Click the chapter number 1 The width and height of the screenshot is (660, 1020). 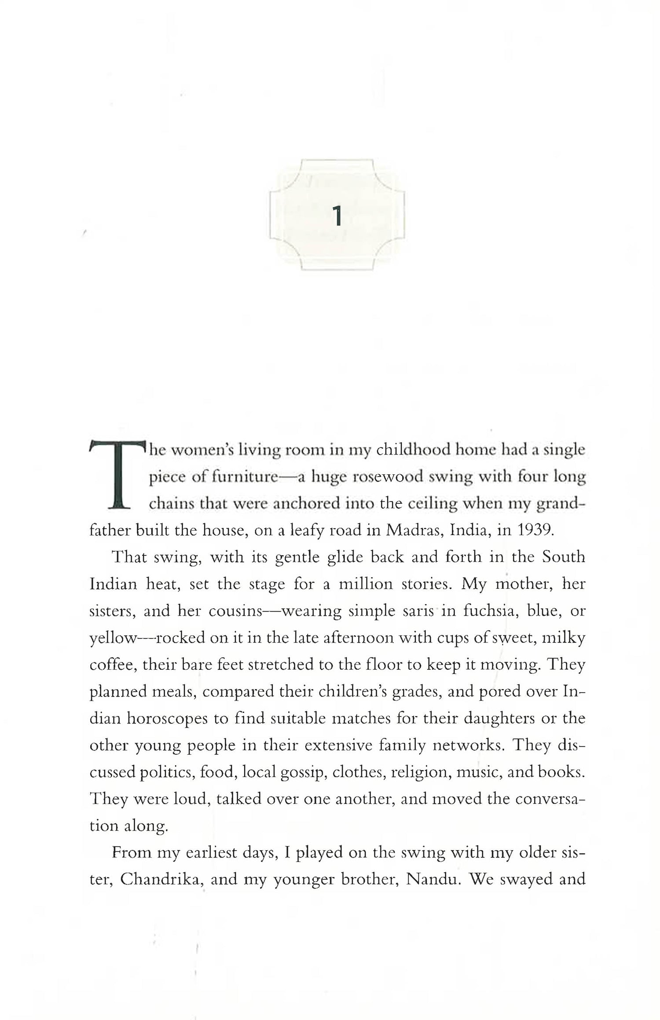coord(337,216)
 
